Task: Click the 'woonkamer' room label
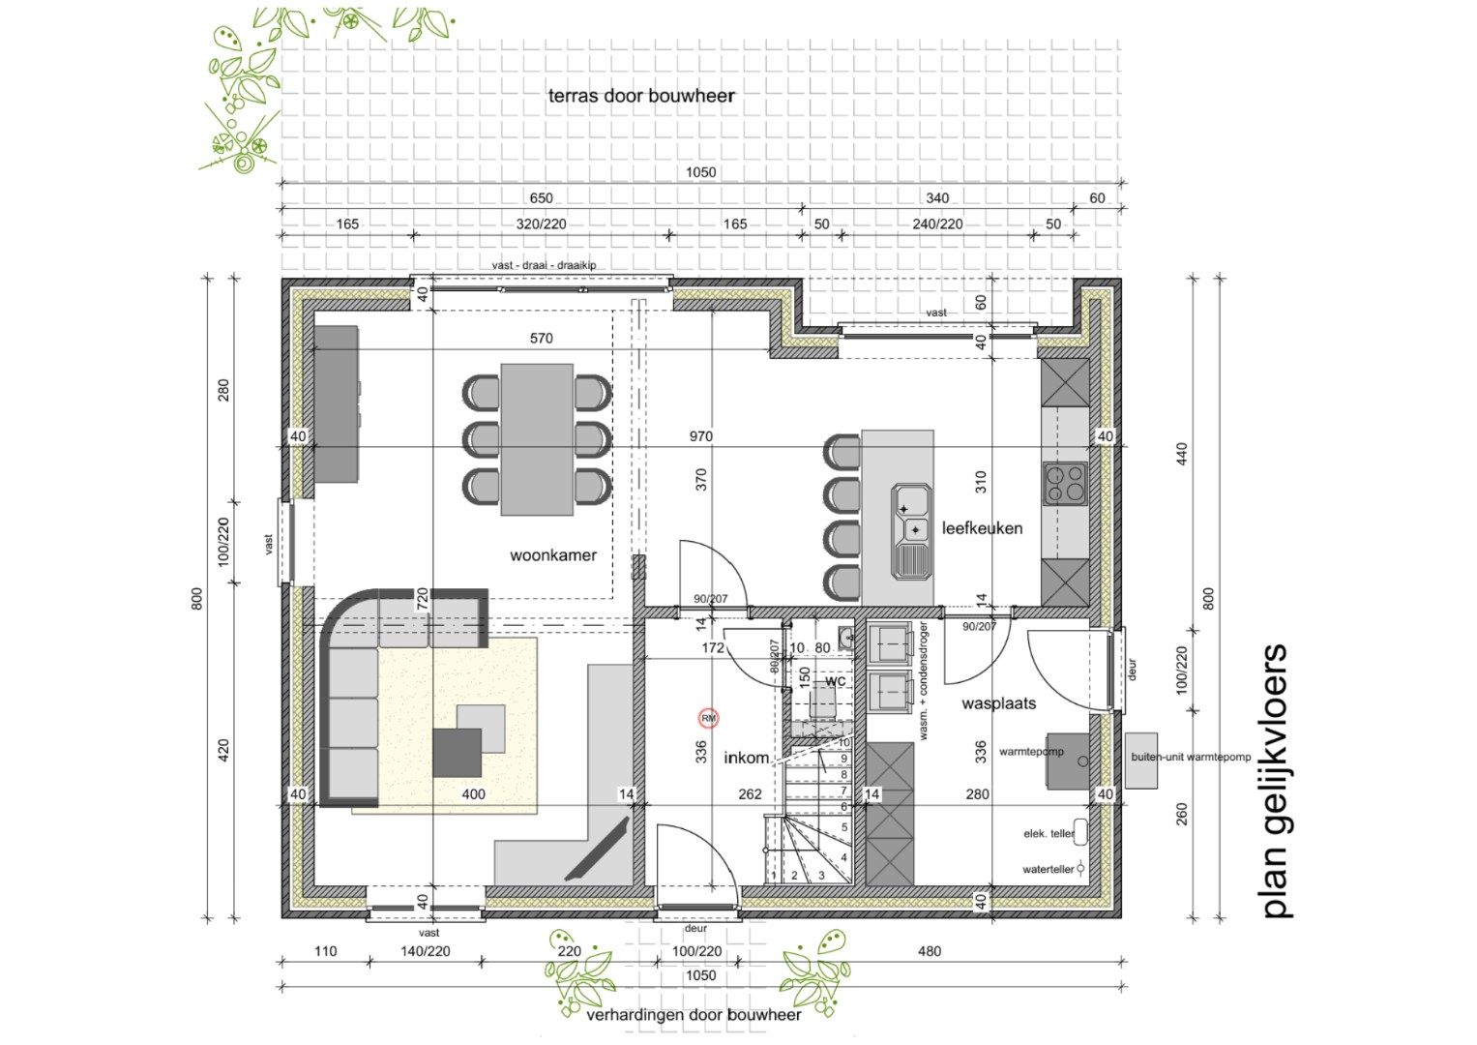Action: pyautogui.click(x=553, y=555)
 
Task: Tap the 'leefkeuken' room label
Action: pyautogui.click(x=982, y=528)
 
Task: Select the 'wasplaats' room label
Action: pyautogui.click(x=998, y=703)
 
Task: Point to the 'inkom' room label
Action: pyautogui.click(x=747, y=758)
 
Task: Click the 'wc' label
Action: pyautogui.click(x=836, y=680)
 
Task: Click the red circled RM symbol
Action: pyautogui.click(x=709, y=718)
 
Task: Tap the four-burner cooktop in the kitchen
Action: pyautogui.click(x=1065, y=483)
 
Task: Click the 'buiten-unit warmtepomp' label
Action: pyautogui.click(x=1191, y=757)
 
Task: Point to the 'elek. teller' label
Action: pyautogui.click(x=1049, y=833)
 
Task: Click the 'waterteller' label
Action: pyautogui.click(x=1048, y=869)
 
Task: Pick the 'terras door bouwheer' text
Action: pyautogui.click(x=641, y=96)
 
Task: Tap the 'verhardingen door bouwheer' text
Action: pyautogui.click(x=694, y=1015)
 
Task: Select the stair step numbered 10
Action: pyautogui.click(x=843, y=742)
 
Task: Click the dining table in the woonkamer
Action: pyautogui.click(x=537, y=438)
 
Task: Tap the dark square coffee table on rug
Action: pyautogui.click(x=457, y=752)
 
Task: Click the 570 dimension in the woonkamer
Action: pyautogui.click(x=542, y=338)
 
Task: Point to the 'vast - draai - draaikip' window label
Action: pyautogui.click(x=544, y=265)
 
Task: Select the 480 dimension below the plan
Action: pyautogui.click(x=929, y=951)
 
